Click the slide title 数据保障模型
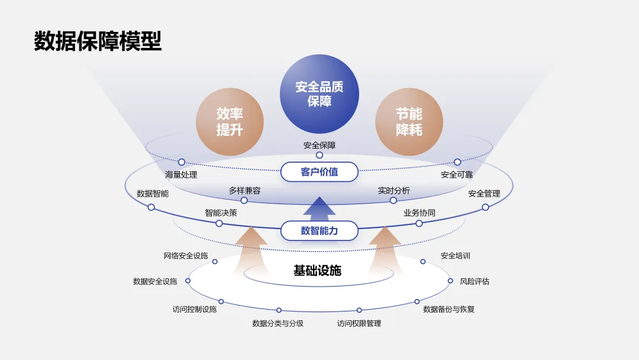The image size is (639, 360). pyautogui.click(x=98, y=42)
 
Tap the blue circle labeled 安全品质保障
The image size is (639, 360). pyautogui.click(x=319, y=94)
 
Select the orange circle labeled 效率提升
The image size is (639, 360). pyautogui.click(x=230, y=122)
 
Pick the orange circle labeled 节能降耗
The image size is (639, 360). pyautogui.click(x=409, y=122)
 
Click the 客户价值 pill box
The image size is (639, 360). pyautogui.click(x=319, y=172)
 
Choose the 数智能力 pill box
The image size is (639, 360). pyautogui.click(x=319, y=231)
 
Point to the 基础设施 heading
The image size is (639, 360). pyautogui.click(x=318, y=271)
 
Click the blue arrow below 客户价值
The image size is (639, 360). pyautogui.click(x=319, y=208)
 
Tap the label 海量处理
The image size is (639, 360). pyautogui.click(x=181, y=175)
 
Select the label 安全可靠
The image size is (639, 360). pyautogui.click(x=457, y=175)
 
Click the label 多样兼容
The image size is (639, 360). pyautogui.click(x=244, y=191)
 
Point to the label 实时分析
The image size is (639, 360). pyautogui.click(x=393, y=191)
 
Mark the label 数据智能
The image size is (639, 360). pyautogui.click(x=153, y=194)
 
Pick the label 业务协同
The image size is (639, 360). pyautogui.click(x=419, y=213)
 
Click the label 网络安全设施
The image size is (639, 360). pyautogui.click(x=186, y=256)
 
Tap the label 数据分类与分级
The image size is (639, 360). pyautogui.click(x=278, y=323)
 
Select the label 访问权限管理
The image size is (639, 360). pyautogui.click(x=359, y=323)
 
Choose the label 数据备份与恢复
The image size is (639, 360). pyautogui.click(x=448, y=309)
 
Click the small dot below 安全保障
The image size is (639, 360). pyautogui.click(x=319, y=155)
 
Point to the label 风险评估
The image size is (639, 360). pyautogui.click(x=475, y=281)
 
